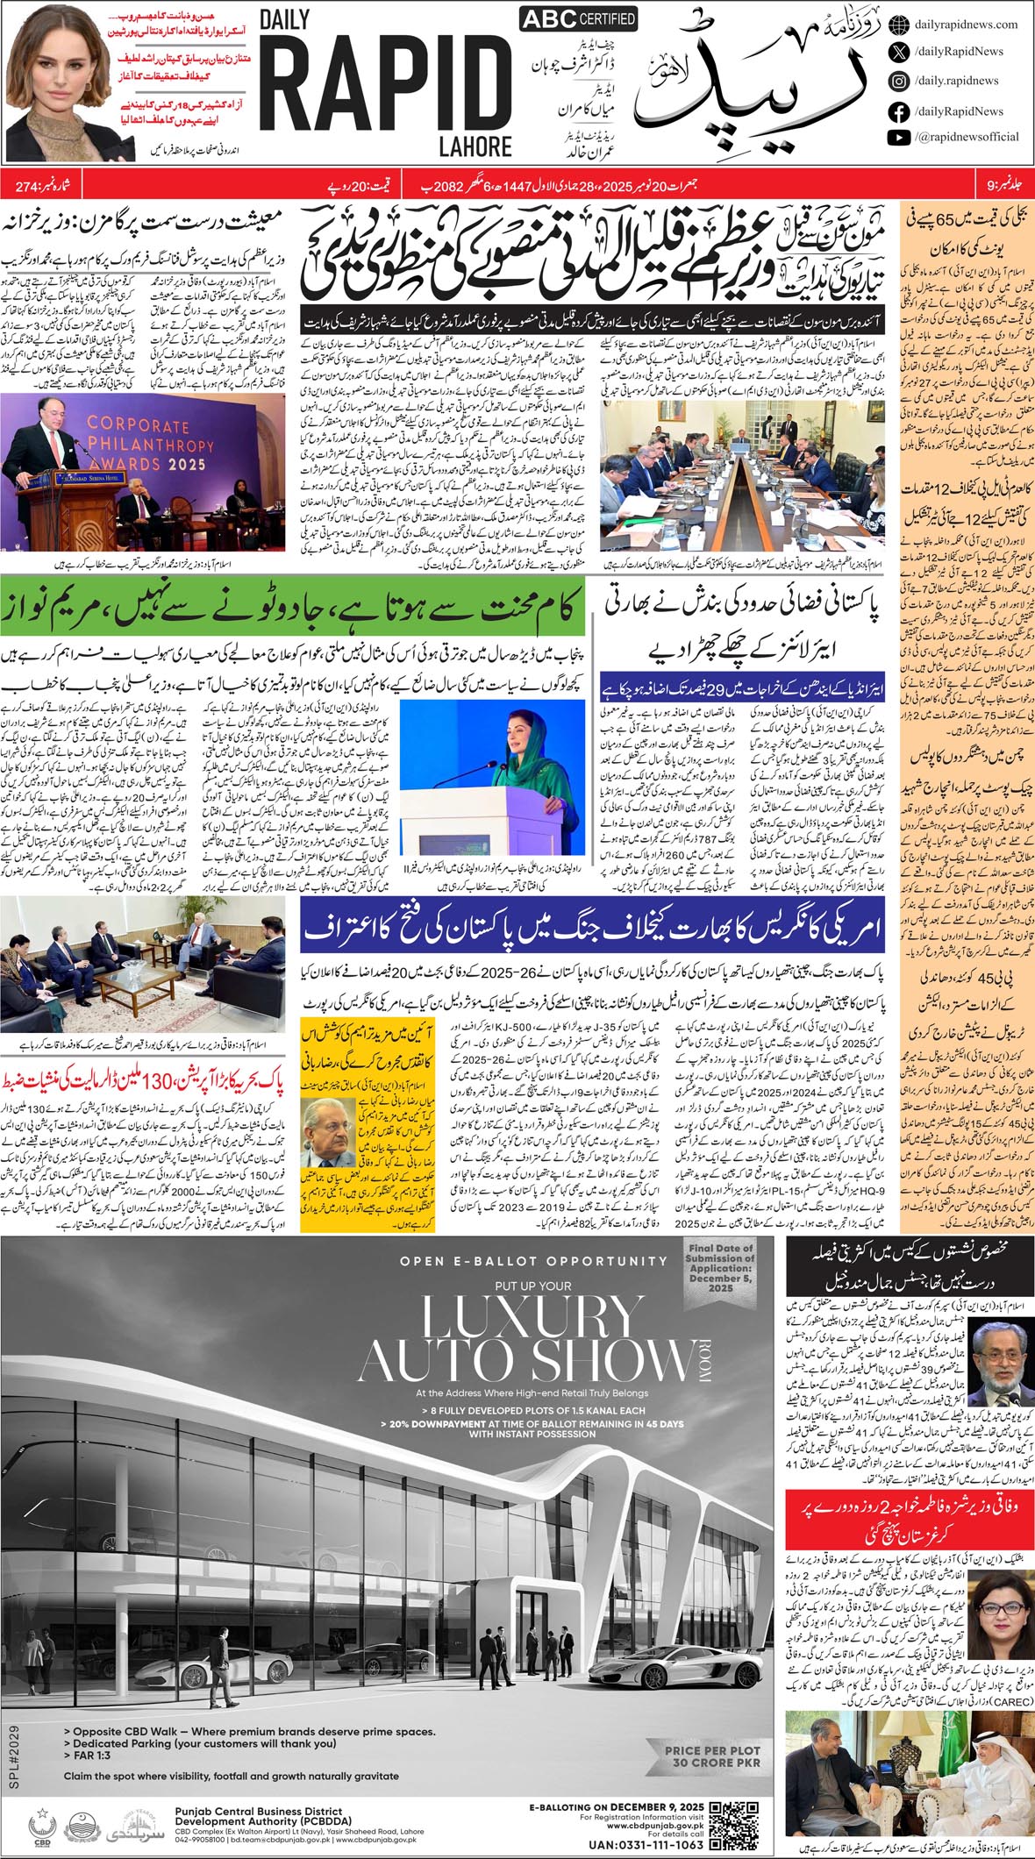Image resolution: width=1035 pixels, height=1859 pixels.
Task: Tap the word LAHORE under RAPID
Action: (475, 146)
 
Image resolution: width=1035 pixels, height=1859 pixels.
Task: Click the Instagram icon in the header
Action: (898, 81)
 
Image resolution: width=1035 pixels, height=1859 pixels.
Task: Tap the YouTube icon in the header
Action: (898, 137)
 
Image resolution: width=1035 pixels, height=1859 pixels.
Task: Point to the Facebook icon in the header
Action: (898, 111)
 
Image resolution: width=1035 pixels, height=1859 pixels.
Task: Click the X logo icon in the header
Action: (898, 52)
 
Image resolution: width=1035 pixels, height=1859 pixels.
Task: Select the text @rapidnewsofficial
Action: (966, 137)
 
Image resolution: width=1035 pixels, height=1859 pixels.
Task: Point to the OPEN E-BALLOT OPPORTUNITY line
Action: (533, 1261)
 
